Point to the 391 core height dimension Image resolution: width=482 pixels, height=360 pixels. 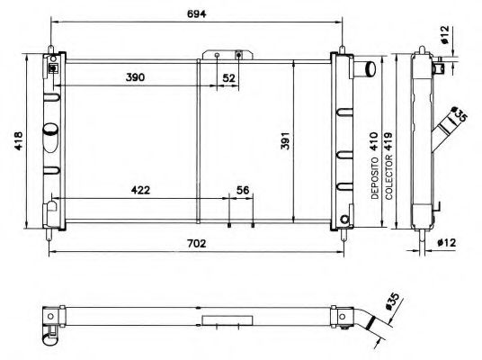(x=283, y=141)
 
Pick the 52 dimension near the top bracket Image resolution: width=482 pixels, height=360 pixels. (x=228, y=79)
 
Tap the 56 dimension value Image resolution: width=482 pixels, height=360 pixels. (x=241, y=191)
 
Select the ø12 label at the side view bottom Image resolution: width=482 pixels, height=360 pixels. (x=453, y=240)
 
